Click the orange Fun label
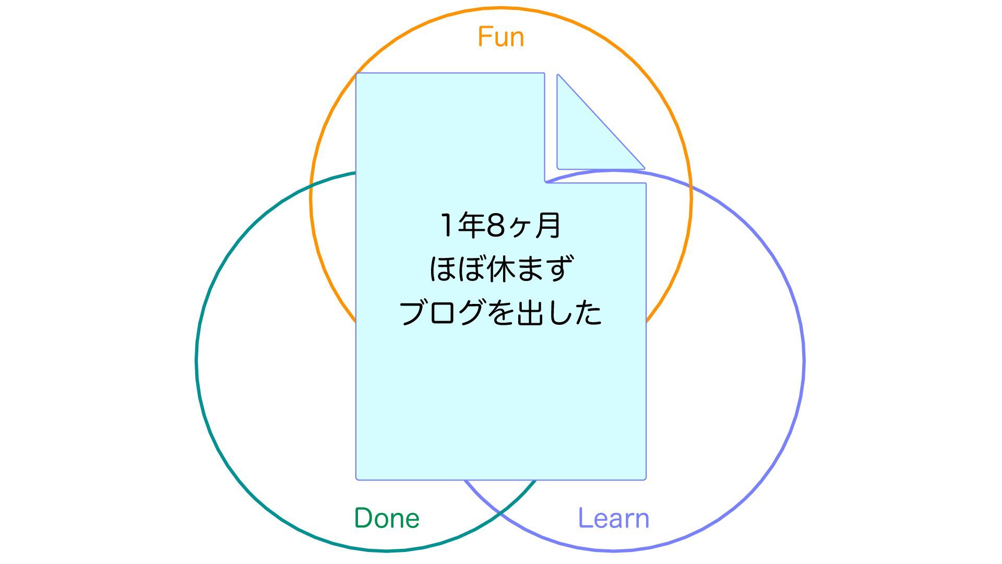(x=500, y=37)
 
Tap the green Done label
(x=387, y=518)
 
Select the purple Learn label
(x=613, y=518)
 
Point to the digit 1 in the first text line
(x=447, y=226)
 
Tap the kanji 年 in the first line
(x=471, y=226)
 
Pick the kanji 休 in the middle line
(x=500, y=269)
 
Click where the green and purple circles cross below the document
(x=500, y=514)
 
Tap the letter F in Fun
(x=485, y=37)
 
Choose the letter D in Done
(x=363, y=518)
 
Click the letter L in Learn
(x=584, y=518)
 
